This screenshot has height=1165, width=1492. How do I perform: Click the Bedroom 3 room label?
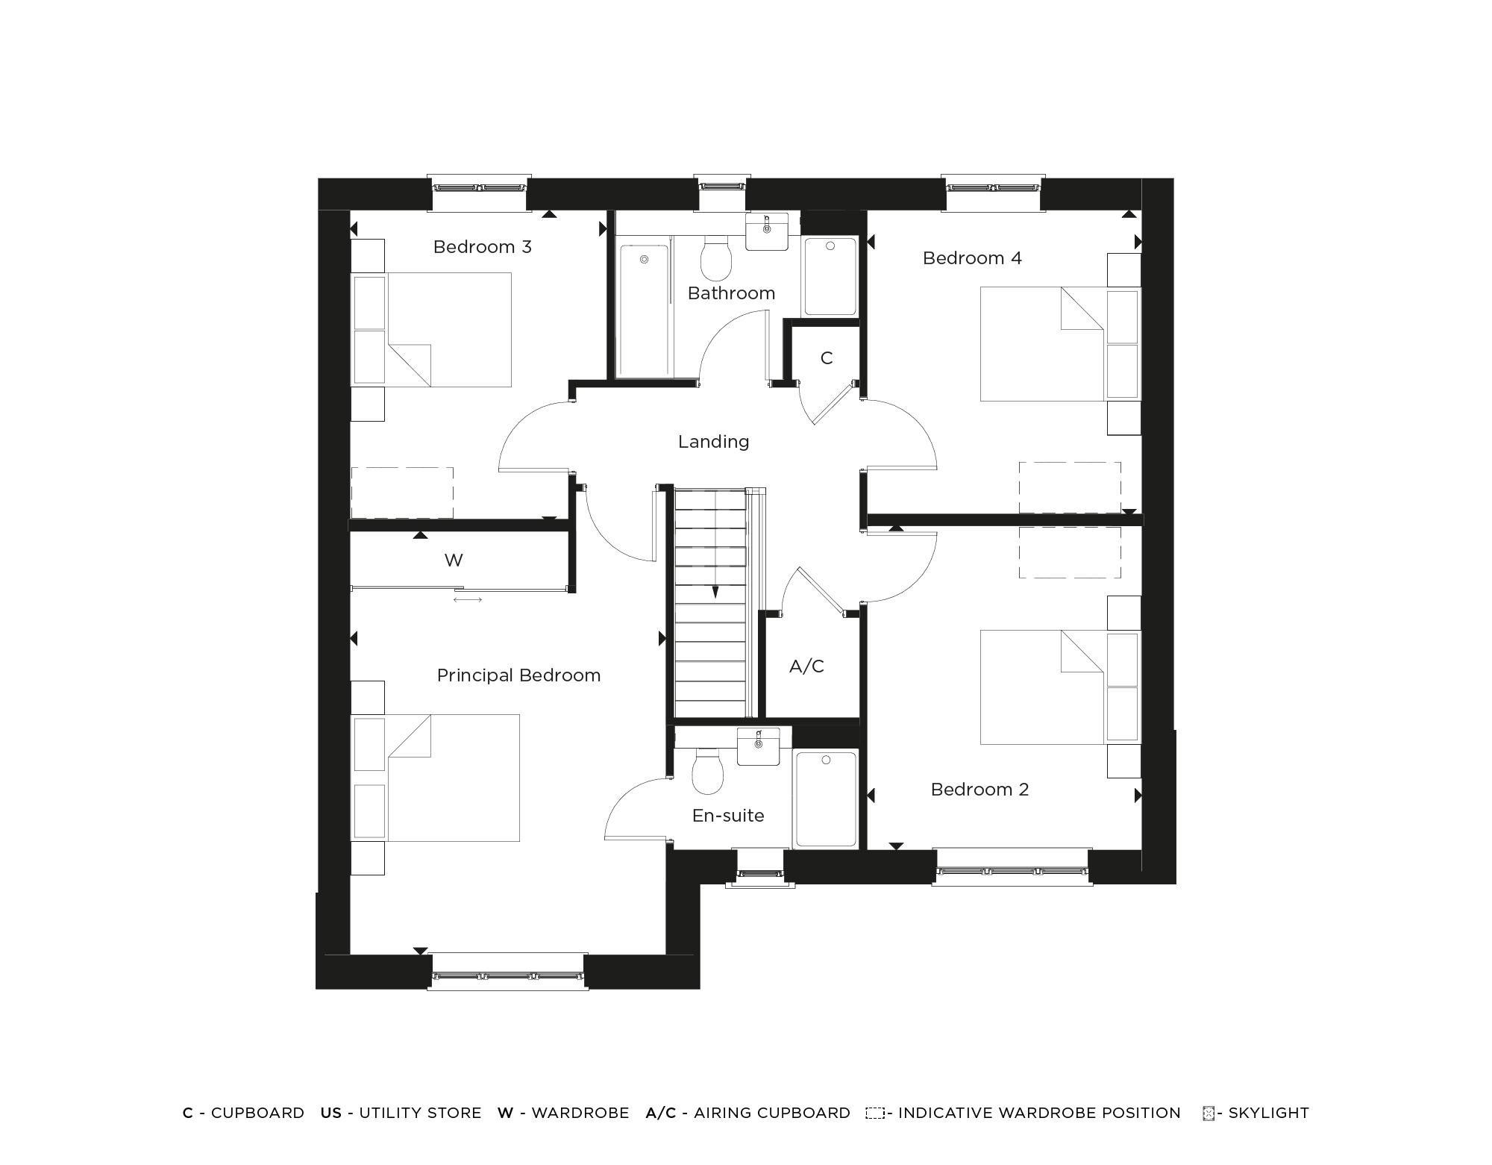tap(482, 247)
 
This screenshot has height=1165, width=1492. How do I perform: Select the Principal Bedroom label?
tap(518, 675)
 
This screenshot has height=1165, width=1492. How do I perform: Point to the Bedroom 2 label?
tap(979, 790)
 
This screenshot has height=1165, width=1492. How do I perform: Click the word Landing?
tap(713, 442)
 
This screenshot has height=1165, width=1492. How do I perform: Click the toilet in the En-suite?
tap(707, 772)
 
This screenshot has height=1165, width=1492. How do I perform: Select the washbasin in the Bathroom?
tap(767, 231)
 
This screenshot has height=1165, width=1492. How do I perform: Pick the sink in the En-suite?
tap(758, 746)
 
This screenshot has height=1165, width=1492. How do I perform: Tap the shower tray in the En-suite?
tap(826, 799)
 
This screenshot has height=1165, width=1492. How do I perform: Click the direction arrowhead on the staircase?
tap(715, 593)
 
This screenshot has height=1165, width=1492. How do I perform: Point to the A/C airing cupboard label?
tap(806, 666)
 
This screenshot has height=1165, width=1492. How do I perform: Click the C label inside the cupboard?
tap(826, 358)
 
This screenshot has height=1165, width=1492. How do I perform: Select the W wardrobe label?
tap(454, 560)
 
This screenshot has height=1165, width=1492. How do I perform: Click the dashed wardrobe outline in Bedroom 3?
tap(402, 492)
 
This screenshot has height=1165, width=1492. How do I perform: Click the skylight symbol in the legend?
tap(1209, 1114)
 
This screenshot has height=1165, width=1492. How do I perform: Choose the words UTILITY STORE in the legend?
tap(420, 1113)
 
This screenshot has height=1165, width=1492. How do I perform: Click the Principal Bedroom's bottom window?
tap(507, 973)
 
